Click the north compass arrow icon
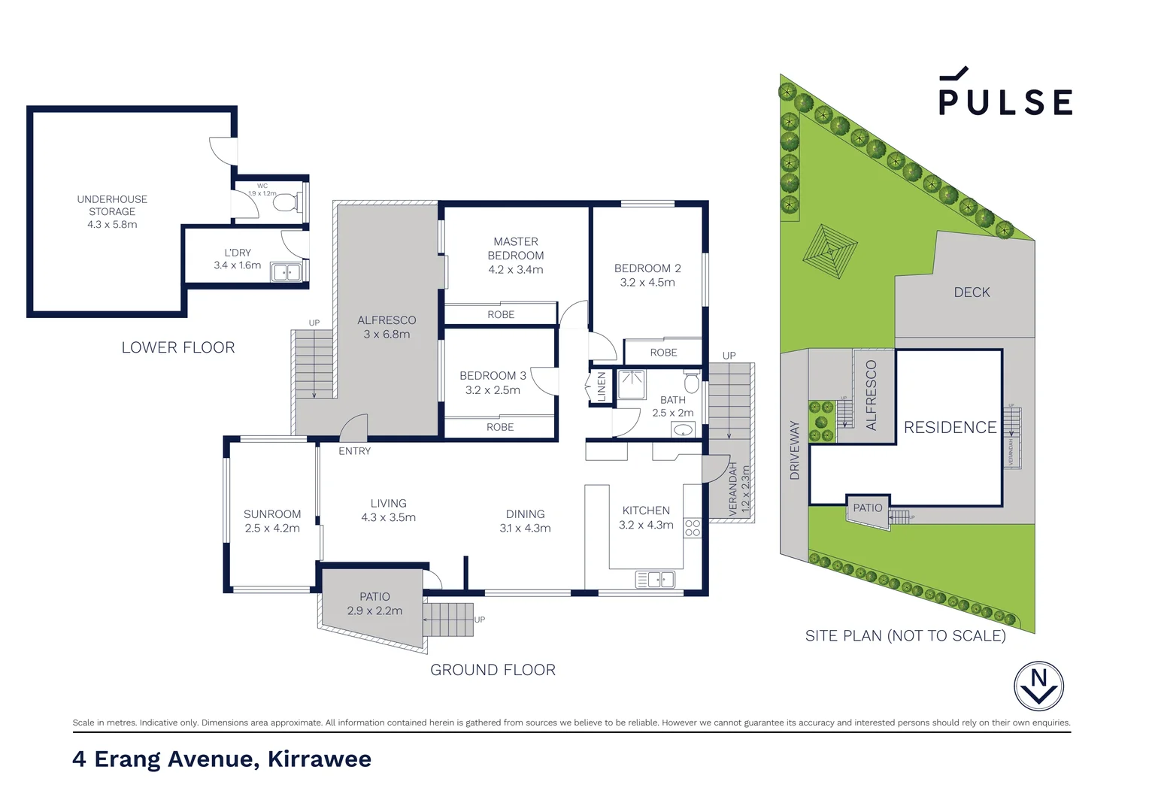[x=1038, y=686]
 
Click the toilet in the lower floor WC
[x=286, y=202]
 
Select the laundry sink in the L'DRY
[x=286, y=271]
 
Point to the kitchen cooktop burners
[x=693, y=528]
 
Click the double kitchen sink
[x=655, y=580]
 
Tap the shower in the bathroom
[x=631, y=384]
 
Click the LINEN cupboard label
[x=601, y=387]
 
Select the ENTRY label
[x=354, y=451]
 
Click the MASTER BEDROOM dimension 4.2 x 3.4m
[x=516, y=270]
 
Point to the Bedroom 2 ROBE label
[x=663, y=353]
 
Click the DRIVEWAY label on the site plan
[x=795, y=450]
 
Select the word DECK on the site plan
[x=972, y=292]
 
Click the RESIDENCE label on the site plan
[x=950, y=428]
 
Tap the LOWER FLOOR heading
[x=178, y=347]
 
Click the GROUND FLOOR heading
[x=493, y=670]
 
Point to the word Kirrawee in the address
[x=320, y=759]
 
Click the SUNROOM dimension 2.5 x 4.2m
[x=272, y=529]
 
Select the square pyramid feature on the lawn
[x=829, y=250]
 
